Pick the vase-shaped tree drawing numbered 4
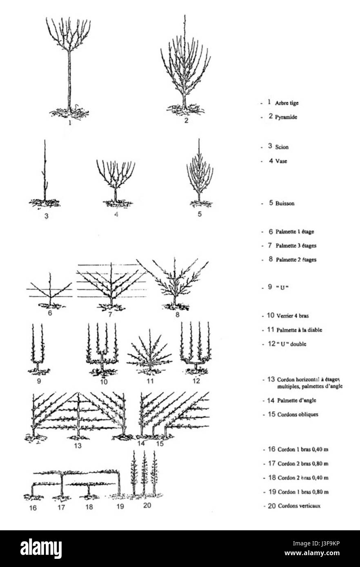pyautogui.click(x=116, y=179)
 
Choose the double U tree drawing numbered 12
pyautogui.click(x=195, y=349)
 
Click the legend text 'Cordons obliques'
pyautogui.click(x=298, y=414)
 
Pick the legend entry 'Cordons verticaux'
pyautogui.click(x=299, y=506)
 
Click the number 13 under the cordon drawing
pyautogui.click(x=78, y=445)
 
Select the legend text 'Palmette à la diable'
pyautogui.click(x=299, y=330)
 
